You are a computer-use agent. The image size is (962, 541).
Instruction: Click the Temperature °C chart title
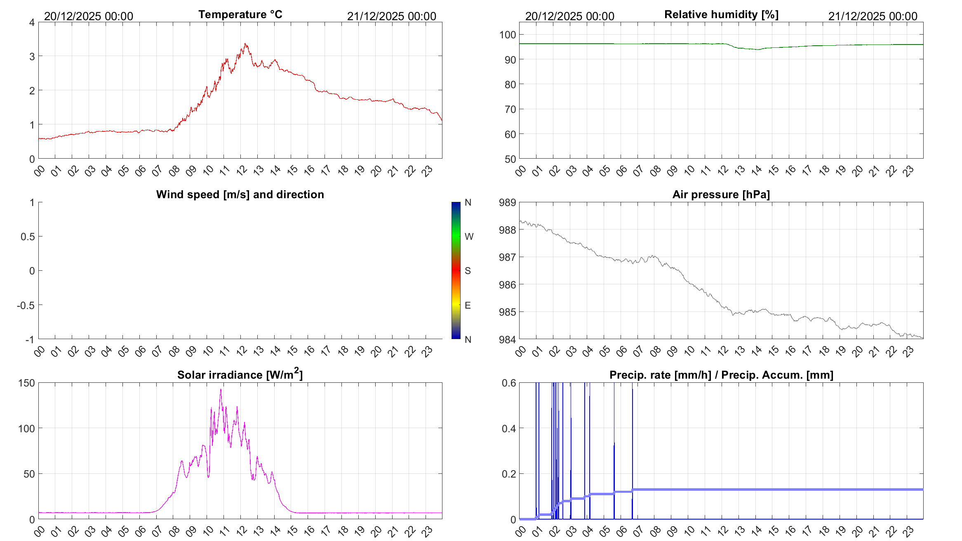click(240, 14)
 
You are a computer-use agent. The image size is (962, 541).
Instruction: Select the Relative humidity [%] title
click(721, 14)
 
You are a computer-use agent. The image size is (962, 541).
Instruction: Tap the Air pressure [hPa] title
click(721, 194)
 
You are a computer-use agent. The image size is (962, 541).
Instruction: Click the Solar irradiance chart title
click(240, 375)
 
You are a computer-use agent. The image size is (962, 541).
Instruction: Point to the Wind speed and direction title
click(240, 194)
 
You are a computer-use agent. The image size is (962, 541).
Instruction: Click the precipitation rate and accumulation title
click(721, 375)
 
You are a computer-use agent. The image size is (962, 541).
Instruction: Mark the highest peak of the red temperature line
click(245, 44)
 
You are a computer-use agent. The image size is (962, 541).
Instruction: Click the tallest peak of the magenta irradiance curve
click(221, 389)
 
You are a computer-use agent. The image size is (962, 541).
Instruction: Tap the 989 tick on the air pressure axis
click(507, 202)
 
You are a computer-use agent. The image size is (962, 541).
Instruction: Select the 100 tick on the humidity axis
click(507, 35)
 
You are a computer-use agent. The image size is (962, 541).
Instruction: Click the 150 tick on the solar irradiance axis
click(26, 383)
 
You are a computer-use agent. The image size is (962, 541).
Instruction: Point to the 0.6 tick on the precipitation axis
click(508, 383)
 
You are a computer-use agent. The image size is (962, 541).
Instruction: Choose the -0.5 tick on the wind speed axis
click(26, 305)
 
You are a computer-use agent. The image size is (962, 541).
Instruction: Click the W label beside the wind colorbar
click(469, 237)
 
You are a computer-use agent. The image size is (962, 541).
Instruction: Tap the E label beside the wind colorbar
click(468, 305)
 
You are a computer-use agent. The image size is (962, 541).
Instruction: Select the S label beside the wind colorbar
click(468, 271)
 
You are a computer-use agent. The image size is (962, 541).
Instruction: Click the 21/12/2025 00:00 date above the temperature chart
click(391, 16)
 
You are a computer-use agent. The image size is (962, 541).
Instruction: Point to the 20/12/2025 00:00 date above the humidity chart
click(569, 16)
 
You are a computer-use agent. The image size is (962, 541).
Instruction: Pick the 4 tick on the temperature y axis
click(32, 22)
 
